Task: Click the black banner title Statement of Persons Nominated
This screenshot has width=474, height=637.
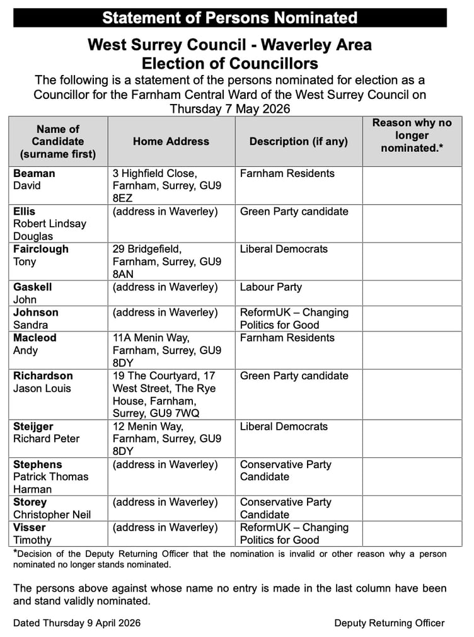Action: click(230, 18)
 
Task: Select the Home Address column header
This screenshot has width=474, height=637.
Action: click(171, 142)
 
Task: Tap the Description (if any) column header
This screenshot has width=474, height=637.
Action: click(298, 142)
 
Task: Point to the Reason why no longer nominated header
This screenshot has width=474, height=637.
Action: click(412, 135)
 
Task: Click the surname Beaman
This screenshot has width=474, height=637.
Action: click(34, 173)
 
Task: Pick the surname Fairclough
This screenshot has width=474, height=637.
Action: click(41, 249)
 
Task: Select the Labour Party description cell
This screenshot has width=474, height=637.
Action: click(271, 287)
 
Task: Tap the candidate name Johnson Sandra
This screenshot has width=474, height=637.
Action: click(36, 318)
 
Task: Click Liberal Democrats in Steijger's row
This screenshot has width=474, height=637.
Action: click(284, 427)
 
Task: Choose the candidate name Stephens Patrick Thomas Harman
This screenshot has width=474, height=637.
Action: click(50, 477)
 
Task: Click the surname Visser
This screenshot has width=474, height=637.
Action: click(30, 527)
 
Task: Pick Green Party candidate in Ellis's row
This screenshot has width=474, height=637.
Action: click(294, 211)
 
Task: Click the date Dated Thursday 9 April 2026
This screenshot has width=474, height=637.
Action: click(77, 623)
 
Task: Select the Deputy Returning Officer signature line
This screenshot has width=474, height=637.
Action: click(389, 623)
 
